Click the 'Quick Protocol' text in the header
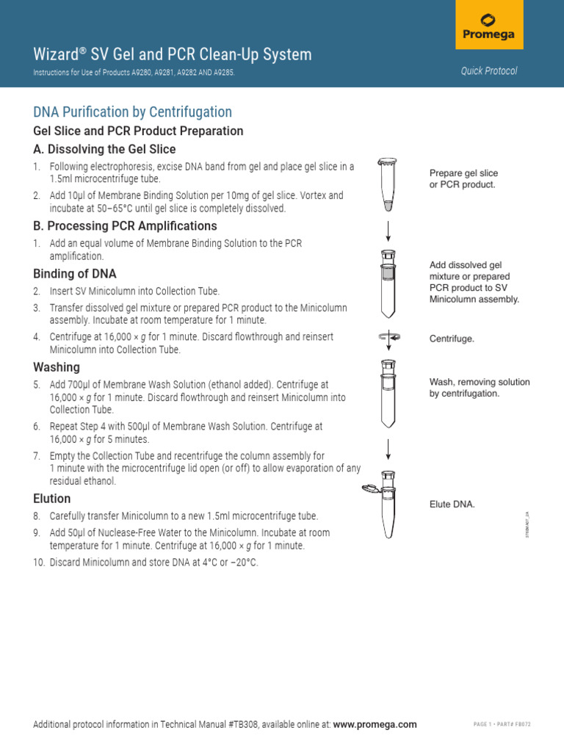[489, 71]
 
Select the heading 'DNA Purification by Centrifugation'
[132, 112]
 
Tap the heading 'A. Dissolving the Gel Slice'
[104, 149]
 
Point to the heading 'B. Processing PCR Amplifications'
[125, 225]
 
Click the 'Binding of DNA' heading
[74, 273]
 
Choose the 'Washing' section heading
[57, 366]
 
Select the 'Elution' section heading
[52, 499]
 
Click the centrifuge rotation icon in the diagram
[388, 337]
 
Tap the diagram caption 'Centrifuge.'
[452, 339]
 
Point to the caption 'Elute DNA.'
[452, 505]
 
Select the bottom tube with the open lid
[386, 502]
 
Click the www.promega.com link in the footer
[375, 724]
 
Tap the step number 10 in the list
[39, 563]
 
